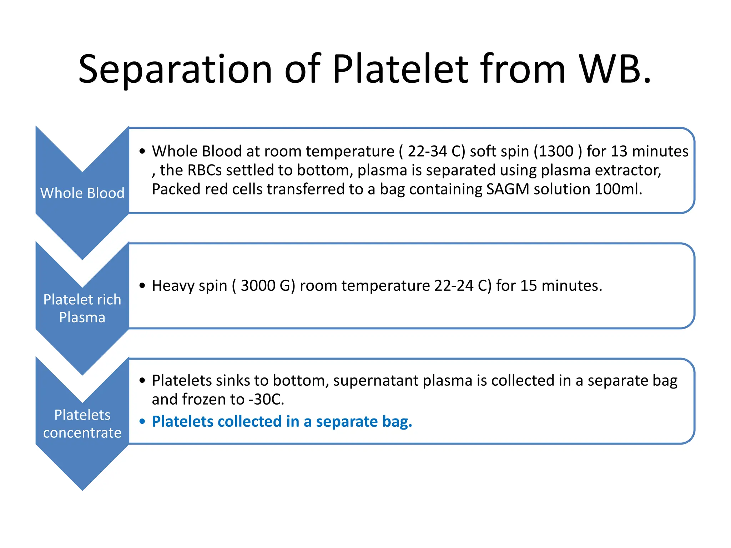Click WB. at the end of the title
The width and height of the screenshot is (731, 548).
tap(615, 70)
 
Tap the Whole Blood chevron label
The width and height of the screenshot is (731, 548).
tap(82, 193)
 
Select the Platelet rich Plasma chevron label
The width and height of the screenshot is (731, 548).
tap(82, 308)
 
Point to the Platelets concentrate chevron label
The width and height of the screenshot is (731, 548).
tap(82, 424)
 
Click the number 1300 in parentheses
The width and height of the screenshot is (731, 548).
tap(556, 151)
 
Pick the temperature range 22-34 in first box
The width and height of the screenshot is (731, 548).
tap(427, 151)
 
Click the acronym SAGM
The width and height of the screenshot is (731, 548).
tap(508, 189)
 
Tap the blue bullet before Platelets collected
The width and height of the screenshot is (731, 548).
tap(142, 422)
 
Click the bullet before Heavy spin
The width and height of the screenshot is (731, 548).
tap(142, 286)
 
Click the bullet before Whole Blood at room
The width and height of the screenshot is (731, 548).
tap(142, 151)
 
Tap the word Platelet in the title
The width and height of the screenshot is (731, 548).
tap(400, 70)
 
